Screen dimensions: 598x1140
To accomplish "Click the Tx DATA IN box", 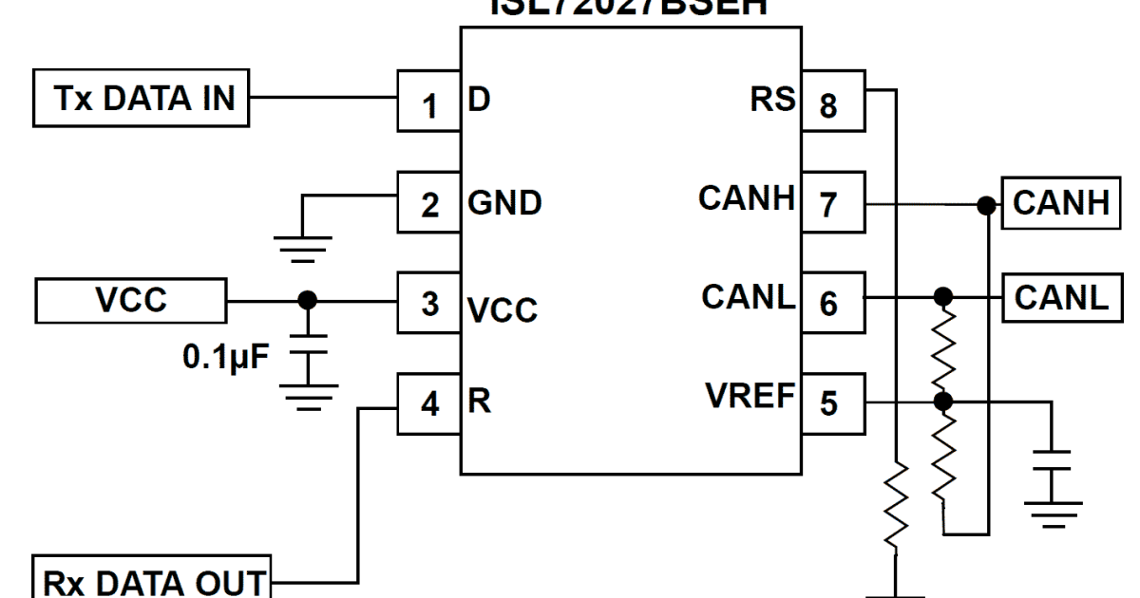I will point(142,99).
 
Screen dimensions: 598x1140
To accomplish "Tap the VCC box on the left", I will point(130,301).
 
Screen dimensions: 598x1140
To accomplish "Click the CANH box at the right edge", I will point(1061,203).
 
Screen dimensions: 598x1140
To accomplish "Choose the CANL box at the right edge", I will point(1061,298).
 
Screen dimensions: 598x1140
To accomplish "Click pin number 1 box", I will point(428,103).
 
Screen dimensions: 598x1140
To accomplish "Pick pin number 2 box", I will point(428,203).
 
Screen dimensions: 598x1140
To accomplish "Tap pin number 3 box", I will point(428,303).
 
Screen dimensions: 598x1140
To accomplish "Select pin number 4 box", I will point(428,403).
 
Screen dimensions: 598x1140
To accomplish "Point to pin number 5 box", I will point(831,403).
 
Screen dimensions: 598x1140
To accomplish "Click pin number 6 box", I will point(831,303).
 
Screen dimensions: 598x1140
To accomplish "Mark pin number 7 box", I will point(831,203).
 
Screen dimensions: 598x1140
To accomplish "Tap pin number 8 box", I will point(831,103).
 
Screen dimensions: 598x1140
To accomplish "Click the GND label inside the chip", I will point(503,203).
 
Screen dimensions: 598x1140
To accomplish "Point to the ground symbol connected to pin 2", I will point(303,246).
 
